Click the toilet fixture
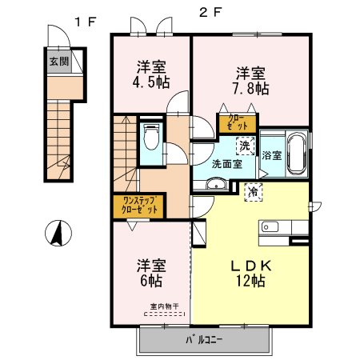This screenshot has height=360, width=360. point(151,137)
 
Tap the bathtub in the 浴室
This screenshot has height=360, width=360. point(297,154)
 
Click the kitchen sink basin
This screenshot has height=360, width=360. point(270,227)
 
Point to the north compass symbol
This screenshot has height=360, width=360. point(58,233)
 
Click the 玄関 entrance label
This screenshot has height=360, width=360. point(59,62)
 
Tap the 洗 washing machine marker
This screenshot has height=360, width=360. point(245,146)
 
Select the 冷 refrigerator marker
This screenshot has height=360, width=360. point(254,192)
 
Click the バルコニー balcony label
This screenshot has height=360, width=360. point(204,340)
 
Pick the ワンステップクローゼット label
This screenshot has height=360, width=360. point(139,205)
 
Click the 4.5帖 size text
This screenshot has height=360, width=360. point(151,82)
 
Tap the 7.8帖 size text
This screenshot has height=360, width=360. point(250,89)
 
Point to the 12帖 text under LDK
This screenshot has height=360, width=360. point(250,281)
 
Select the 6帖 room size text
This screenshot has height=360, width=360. point(151,281)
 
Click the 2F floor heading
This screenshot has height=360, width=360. point(210,13)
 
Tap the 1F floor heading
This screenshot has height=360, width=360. point(85,22)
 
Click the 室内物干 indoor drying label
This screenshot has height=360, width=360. point(164,306)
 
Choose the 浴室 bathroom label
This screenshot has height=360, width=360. point(272,155)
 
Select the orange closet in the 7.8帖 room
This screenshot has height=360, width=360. point(238,122)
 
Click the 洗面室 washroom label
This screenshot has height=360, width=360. point(227,164)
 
